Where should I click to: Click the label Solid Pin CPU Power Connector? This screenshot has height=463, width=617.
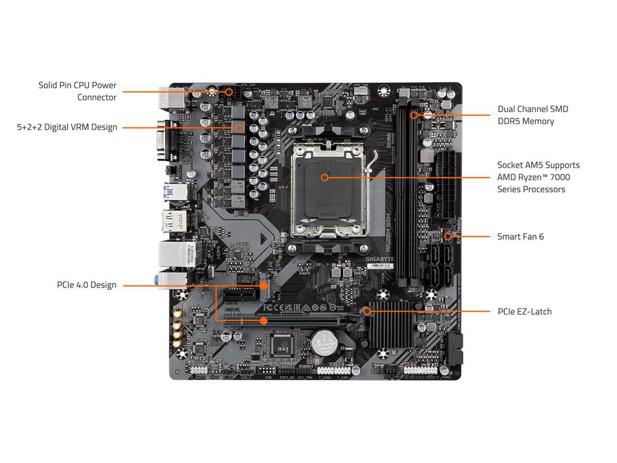(78, 91)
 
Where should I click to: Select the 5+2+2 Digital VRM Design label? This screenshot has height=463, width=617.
(67, 127)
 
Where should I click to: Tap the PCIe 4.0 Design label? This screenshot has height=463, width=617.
(86, 285)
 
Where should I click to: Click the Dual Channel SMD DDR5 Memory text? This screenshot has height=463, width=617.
(532, 115)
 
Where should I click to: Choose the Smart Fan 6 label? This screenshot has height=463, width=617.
(520, 236)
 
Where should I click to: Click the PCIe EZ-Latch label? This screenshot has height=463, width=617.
(524, 311)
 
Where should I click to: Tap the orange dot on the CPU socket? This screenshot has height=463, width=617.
(325, 177)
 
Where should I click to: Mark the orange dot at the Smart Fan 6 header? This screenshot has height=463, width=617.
(447, 236)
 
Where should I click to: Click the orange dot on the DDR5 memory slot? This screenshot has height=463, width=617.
(414, 115)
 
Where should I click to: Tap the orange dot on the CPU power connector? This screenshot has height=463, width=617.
(229, 91)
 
